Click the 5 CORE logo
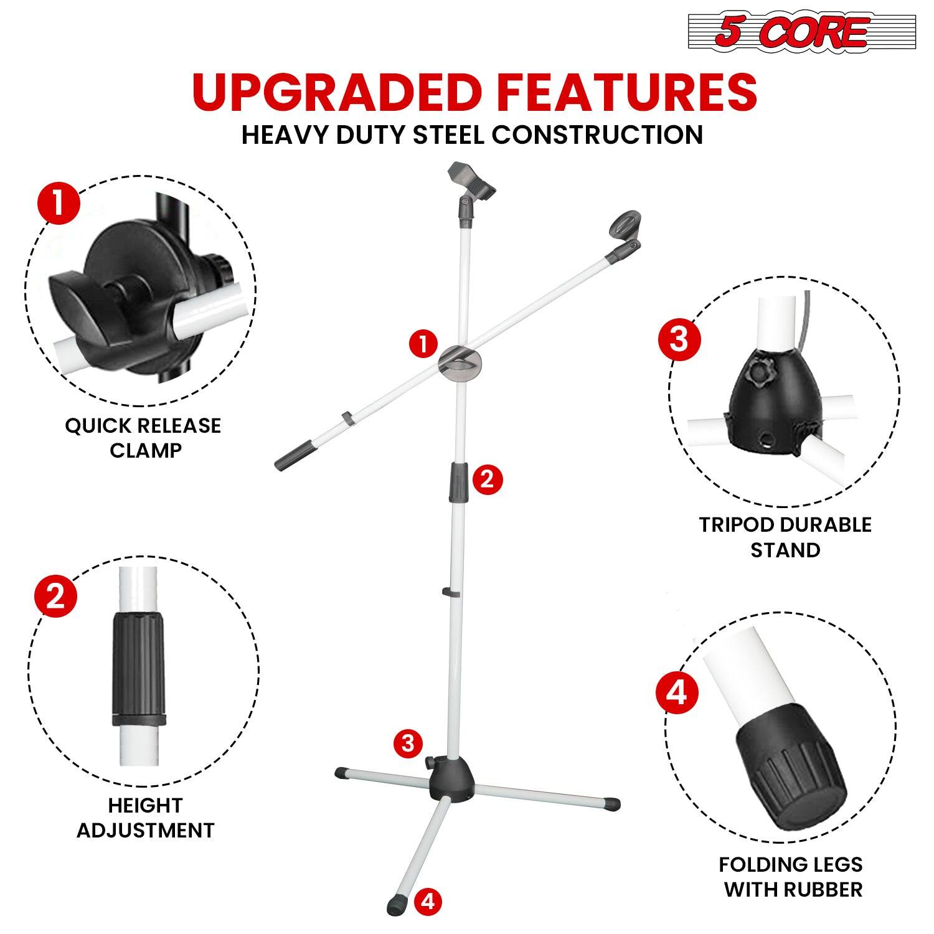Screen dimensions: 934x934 pyautogui.click(x=802, y=32)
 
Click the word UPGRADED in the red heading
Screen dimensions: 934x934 pyautogui.click(x=336, y=92)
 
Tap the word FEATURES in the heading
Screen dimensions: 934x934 pyautogui.click(x=625, y=92)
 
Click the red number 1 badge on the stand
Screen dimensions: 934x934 pyautogui.click(x=424, y=344)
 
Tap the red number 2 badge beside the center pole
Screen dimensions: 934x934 pyautogui.click(x=487, y=479)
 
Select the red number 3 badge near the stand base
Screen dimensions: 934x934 pyautogui.click(x=408, y=743)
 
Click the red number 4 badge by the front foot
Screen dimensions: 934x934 pyautogui.click(x=428, y=901)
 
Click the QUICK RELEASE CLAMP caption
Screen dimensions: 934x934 pyautogui.click(x=143, y=438)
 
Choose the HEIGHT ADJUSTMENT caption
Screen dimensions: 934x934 pyautogui.click(x=145, y=818)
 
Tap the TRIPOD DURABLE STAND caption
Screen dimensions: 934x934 pyautogui.click(x=785, y=537)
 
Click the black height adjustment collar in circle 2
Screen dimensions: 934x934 pyautogui.click(x=140, y=669)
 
